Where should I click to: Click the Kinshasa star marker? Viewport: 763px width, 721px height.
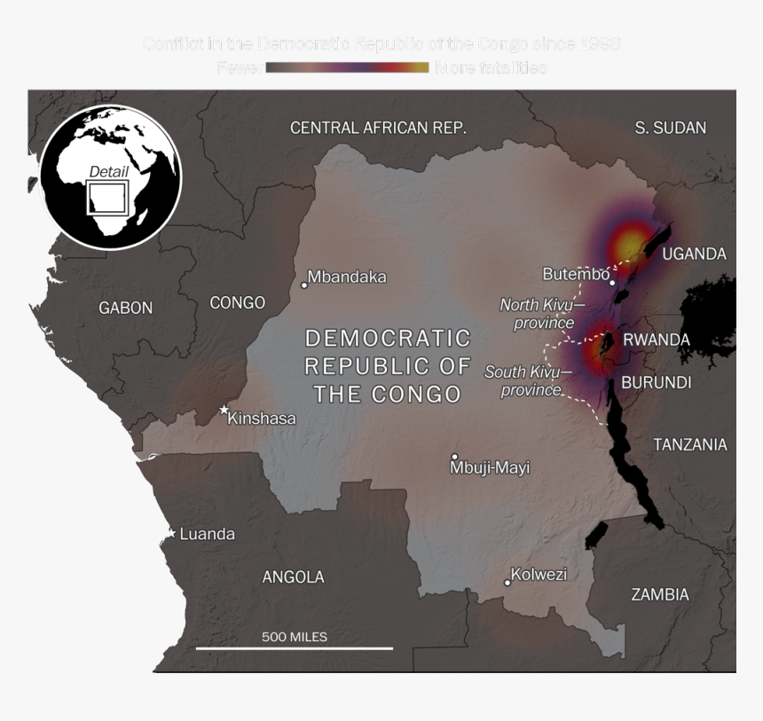click(x=224, y=410)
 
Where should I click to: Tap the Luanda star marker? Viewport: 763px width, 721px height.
click(x=171, y=533)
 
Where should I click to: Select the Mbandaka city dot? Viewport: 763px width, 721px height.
click(x=304, y=285)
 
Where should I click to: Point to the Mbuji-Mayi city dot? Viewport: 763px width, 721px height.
click(x=455, y=457)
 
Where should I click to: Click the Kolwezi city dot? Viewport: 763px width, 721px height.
click(x=507, y=583)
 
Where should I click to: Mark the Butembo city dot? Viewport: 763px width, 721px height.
click(x=612, y=282)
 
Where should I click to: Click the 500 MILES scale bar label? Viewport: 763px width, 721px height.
click(x=295, y=637)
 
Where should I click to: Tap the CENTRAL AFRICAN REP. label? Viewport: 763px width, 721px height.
click(x=378, y=128)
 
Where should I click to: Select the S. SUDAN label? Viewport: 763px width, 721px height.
click(x=671, y=128)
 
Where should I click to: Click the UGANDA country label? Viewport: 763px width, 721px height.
click(x=694, y=254)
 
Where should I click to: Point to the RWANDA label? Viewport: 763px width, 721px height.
click(x=657, y=340)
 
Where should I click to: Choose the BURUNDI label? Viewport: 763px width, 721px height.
click(x=657, y=382)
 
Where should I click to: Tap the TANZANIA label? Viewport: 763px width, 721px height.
click(x=690, y=444)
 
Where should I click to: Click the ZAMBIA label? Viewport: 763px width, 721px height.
click(x=660, y=594)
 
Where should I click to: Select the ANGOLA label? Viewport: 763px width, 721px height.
click(x=293, y=576)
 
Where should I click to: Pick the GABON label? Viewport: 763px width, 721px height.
click(x=126, y=308)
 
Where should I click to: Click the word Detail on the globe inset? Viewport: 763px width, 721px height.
click(x=108, y=172)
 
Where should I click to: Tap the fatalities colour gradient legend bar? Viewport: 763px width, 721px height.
click(x=347, y=67)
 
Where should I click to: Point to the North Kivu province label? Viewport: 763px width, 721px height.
click(x=537, y=314)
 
